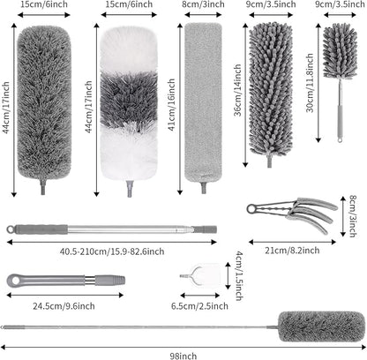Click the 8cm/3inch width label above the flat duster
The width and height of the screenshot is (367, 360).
[203, 4]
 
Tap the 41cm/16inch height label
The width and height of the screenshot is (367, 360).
[172, 104]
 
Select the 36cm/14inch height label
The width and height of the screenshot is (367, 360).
[238, 90]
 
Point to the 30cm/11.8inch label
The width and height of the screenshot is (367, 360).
[310, 83]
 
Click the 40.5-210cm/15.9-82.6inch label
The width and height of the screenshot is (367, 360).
[112, 251]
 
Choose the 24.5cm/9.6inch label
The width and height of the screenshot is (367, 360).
[64, 306]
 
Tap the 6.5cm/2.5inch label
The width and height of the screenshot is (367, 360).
[199, 306]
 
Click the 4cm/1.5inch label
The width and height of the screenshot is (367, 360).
[239, 275]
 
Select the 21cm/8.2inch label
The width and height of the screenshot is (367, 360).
[292, 251]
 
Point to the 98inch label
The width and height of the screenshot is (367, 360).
[183, 356]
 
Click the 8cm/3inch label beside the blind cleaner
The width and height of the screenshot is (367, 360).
[353, 216]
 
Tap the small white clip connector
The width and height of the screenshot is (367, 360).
[200, 275]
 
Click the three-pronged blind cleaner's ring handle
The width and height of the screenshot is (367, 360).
[251, 209]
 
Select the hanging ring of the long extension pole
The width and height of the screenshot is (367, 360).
[11, 229]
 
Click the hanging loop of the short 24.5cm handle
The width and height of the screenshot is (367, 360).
[14, 281]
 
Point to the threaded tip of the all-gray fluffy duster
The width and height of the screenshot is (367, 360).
[43, 187]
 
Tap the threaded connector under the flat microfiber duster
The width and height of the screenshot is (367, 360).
[203, 188]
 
